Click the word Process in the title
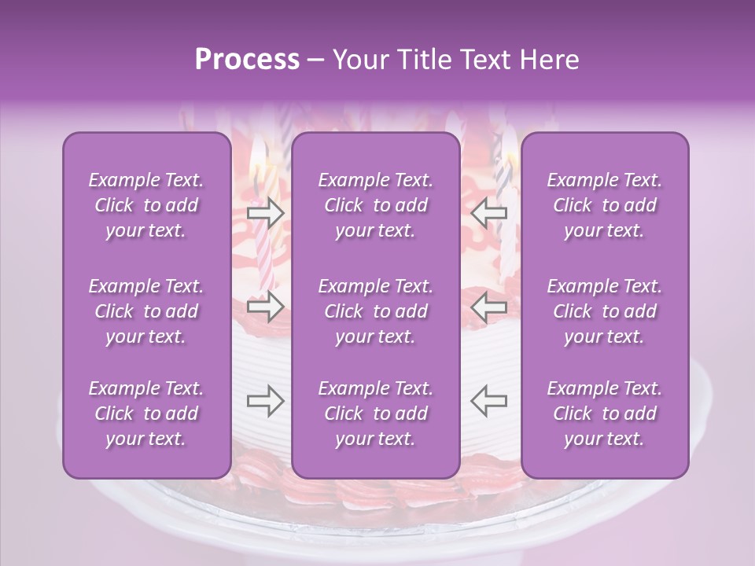click(247, 60)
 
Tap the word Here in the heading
click(548, 60)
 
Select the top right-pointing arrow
click(265, 212)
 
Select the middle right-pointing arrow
click(265, 306)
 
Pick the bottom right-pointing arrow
click(265, 400)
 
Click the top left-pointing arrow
click(488, 212)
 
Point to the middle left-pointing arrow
click(488, 306)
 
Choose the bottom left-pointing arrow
click(488, 400)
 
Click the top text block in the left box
click(146, 205)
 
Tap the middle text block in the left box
click(146, 311)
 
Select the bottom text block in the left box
click(146, 413)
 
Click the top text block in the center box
click(376, 205)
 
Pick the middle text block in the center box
click(376, 311)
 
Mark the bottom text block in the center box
click(376, 413)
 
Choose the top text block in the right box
click(605, 205)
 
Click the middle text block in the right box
click(605, 311)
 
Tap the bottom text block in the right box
click(605, 413)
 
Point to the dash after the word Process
click(315, 61)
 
